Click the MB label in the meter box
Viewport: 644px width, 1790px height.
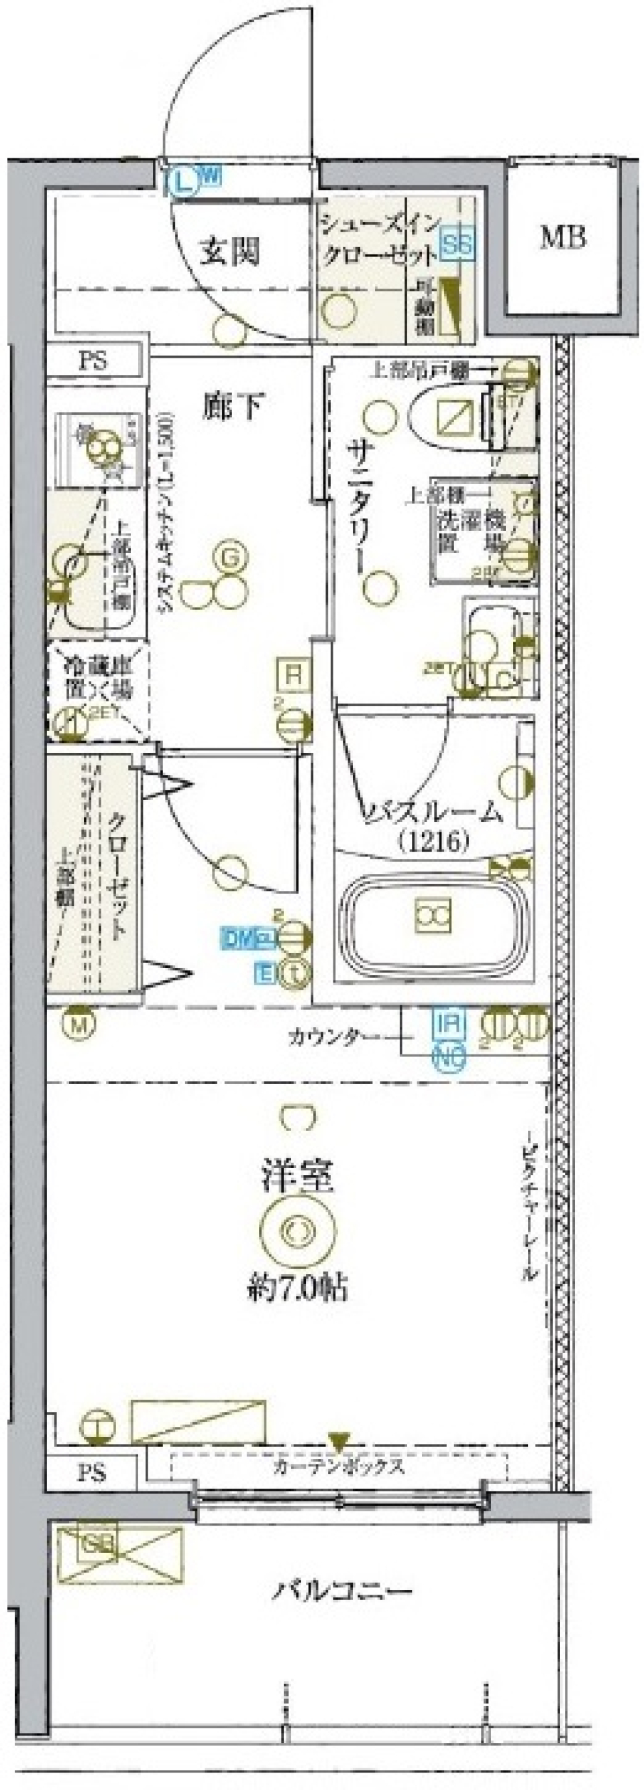coord(563,238)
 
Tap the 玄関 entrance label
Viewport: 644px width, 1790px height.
coord(230,252)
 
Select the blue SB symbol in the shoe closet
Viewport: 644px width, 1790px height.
coord(458,244)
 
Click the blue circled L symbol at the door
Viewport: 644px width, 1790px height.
coord(183,182)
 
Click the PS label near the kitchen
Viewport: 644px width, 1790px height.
coord(93,361)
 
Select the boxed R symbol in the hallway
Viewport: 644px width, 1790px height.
coord(294,674)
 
